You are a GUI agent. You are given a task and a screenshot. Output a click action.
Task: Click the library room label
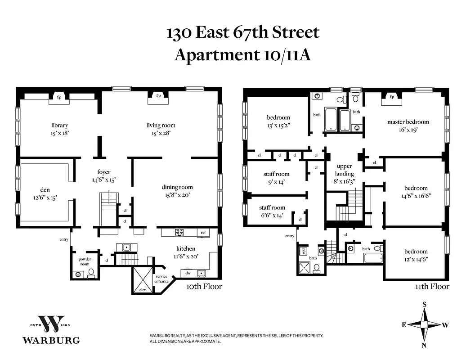pyautogui.click(x=59, y=125)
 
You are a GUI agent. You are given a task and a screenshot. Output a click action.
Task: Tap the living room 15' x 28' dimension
pyautogui.click(x=161, y=133)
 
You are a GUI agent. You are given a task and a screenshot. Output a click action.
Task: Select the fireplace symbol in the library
pyautogui.click(x=59, y=97)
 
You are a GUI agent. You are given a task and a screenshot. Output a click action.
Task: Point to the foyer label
pyautogui.click(x=104, y=172)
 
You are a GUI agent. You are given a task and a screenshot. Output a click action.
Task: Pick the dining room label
pyautogui.click(x=177, y=187)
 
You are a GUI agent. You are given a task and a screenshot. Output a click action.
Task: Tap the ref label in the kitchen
pyautogui.click(x=203, y=233)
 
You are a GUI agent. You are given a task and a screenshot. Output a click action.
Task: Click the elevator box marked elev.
pyautogui.click(x=142, y=281)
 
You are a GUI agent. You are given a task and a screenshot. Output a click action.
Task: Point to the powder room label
pyautogui.click(x=85, y=262)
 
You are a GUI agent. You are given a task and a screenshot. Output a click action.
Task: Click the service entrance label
pyautogui.click(x=162, y=279)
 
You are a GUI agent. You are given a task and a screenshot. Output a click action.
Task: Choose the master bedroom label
pyautogui.click(x=408, y=122)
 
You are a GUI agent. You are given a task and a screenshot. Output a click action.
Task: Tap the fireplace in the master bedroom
pyautogui.click(x=391, y=97)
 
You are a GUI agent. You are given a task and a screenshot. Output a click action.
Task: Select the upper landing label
pyautogui.click(x=345, y=170)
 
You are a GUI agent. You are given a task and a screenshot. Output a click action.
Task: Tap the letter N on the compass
pyautogui.click(x=424, y=345)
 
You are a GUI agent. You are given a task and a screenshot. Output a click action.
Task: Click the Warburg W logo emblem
pyautogui.click(x=51, y=324)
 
